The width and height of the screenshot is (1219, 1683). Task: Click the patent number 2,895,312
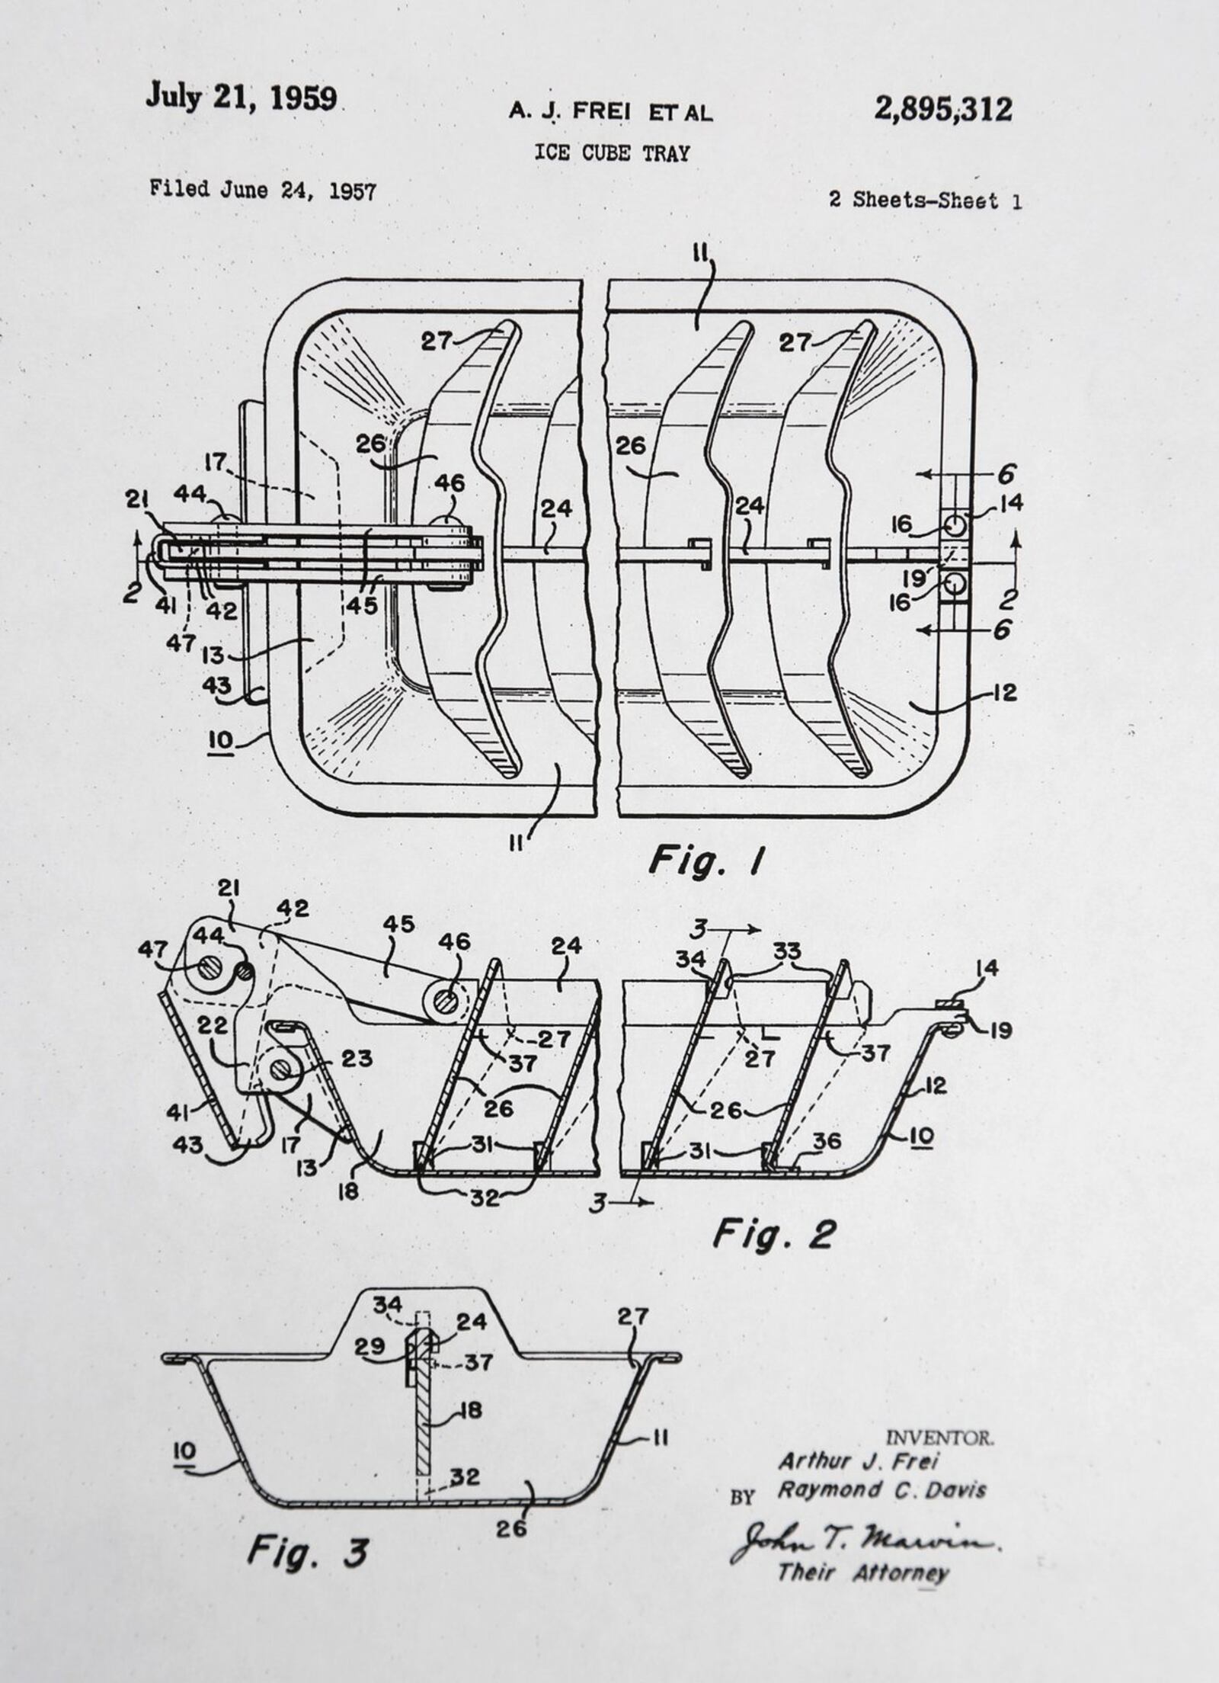(x=942, y=110)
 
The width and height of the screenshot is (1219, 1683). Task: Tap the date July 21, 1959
(x=242, y=98)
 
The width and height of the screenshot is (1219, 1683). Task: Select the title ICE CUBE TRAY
(x=612, y=153)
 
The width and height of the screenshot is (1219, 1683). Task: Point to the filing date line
(x=263, y=190)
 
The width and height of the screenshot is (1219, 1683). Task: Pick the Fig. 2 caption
(x=774, y=1234)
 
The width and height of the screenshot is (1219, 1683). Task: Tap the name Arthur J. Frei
(x=858, y=1460)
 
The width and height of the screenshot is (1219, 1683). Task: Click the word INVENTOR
(x=940, y=1438)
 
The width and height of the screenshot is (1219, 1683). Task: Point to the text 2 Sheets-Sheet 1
(x=925, y=200)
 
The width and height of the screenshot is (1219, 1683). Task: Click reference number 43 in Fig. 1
(x=217, y=685)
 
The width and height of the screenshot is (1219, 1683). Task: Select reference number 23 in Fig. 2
(x=356, y=1059)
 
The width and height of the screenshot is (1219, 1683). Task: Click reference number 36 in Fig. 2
(x=827, y=1141)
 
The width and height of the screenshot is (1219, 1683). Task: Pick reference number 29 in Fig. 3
(x=370, y=1347)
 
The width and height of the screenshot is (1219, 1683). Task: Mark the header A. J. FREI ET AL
(x=611, y=112)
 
